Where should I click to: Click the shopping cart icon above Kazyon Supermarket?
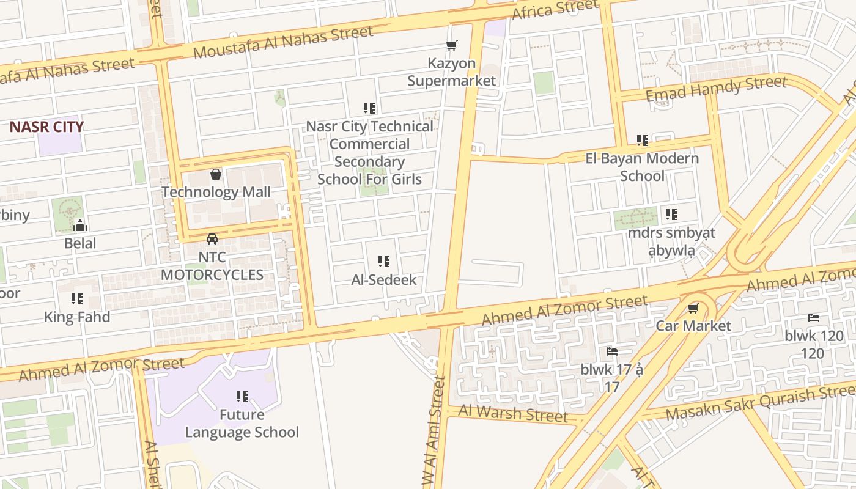click(x=452, y=45)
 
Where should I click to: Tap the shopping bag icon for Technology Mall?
click(x=216, y=175)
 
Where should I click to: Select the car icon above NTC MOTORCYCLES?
click(x=212, y=239)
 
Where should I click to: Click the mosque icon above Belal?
click(x=80, y=226)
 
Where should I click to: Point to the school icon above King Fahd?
click(x=77, y=299)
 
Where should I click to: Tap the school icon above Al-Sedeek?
click(x=384, y=262)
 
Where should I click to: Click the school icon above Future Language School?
click(x=242, y=397)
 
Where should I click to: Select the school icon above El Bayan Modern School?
click(x=642, y=141)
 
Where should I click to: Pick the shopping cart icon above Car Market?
click(x=693, y=308)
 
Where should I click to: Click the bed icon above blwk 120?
click(x=814, y=318)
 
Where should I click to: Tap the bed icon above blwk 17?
click(x=611, y=351)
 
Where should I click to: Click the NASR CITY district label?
click(x=46, y=127)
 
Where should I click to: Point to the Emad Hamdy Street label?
click(x=716, y=89)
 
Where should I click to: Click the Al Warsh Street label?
click(x=513, y=414)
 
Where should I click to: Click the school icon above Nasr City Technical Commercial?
click(x=369, y=108)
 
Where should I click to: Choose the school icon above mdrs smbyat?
click(x=671, y=215)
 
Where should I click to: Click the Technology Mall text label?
click(x=216, y=192)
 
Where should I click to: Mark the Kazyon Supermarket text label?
click(x=452, y=72)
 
